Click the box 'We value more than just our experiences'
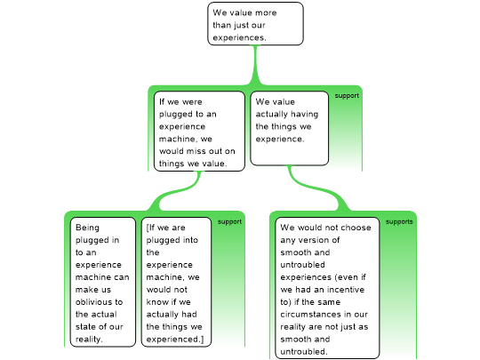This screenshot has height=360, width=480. [x=255, y=24]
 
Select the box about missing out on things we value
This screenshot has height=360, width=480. [x=199, y=132]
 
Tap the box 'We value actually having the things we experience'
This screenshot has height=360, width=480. [x=289, y=128]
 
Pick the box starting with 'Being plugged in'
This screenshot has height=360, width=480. [x=103, y=282]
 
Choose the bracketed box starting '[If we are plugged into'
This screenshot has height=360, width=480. [x=176, y=282]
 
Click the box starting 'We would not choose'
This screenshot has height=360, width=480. [x=327, y=288]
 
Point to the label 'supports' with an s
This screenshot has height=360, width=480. [x=399, y=222]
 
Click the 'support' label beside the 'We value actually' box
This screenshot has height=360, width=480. [x=347, y=96]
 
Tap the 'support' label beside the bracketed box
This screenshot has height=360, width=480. [x=229, y=222]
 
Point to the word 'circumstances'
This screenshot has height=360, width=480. [x=311, y=315]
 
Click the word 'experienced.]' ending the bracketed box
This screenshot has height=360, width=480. [x=175, y=340]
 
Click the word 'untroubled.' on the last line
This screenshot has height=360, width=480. [x=304, y=352]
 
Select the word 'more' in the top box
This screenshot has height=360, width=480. [x=266, y=12]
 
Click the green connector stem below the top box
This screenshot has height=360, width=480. [x=255, y=65]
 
